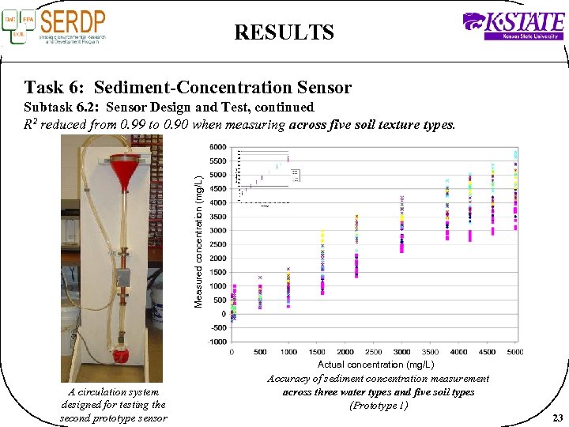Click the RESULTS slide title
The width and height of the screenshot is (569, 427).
pyautogui.click(x=284, y=32)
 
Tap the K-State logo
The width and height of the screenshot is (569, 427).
pyautogui.click(x=513, y=26)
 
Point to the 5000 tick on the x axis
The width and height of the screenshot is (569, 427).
pyautogui.click(x=515, y=352)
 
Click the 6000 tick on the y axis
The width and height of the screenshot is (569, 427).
pyautogui.click(x=217, y=147)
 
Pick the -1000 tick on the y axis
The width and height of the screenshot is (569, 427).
pyautogui.click(x=216, y=342)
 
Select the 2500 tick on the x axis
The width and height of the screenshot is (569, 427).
pyautogui.click(x=373, y=352)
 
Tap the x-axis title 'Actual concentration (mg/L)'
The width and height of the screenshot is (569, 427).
pyautogui.click(x=375, y=365)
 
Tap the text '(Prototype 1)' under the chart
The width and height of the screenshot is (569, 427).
pyautogui.click(x=379, y=406)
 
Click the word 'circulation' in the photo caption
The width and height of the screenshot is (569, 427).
pyautogui.click(x=105, y=391)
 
